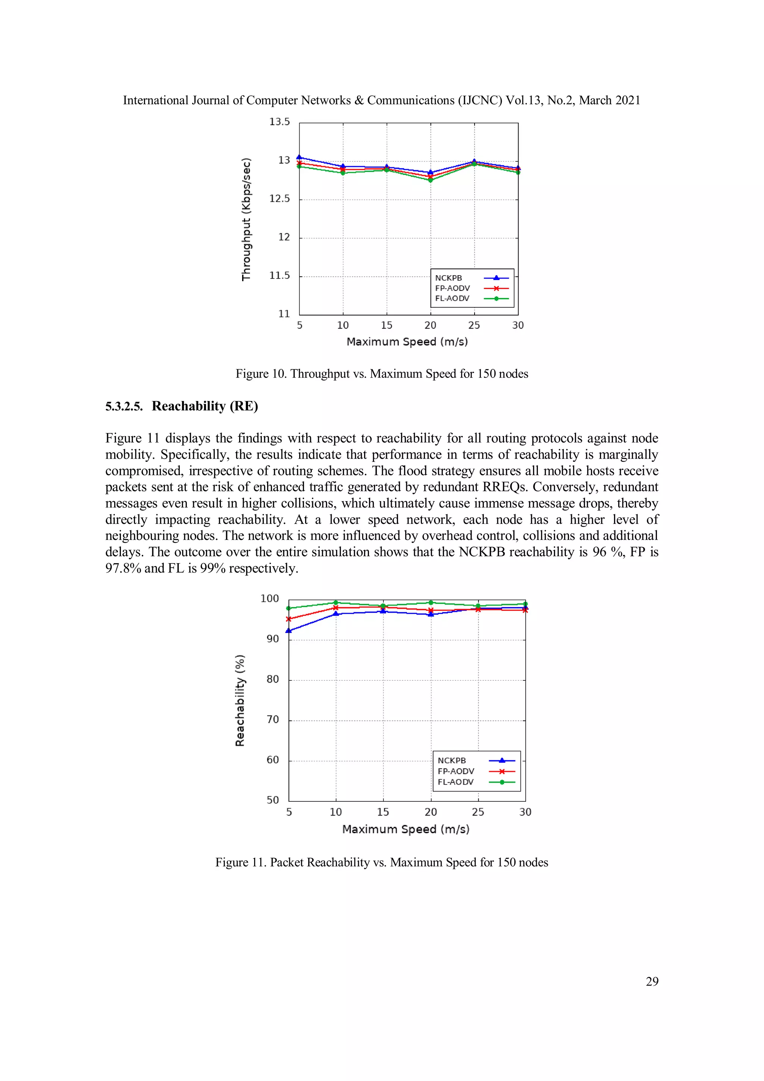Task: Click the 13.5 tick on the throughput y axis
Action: (x=279, y=122)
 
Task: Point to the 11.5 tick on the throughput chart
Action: (x=279, y=276)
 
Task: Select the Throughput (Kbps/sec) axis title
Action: (x=246, y=220)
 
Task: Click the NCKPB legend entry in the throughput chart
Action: (x=448, y=278)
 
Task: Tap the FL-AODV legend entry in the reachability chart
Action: (x=455, y=782)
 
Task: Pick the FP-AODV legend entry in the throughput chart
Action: (x=452, y=288)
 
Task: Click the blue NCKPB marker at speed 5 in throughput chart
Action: (x=299, y=157)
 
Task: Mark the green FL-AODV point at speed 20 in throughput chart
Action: (x=430, y=180)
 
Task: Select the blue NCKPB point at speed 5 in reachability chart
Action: (x=289, y=630)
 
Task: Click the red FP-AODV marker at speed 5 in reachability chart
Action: (x=289, y=619)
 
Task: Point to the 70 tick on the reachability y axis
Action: (x=273, y=720)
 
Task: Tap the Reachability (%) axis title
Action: (x=240, y=700)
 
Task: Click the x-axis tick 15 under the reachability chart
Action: (x=383, y=812)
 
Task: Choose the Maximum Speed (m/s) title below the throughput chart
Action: (x=407, y=342)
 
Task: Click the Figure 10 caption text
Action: (x=382, y=374)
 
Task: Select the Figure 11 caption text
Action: (x=382, y=863)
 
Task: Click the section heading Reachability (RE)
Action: (x=205, y=406)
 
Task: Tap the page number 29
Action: (x=652, y=982)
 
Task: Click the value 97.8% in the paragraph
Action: (x=123, y=568)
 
